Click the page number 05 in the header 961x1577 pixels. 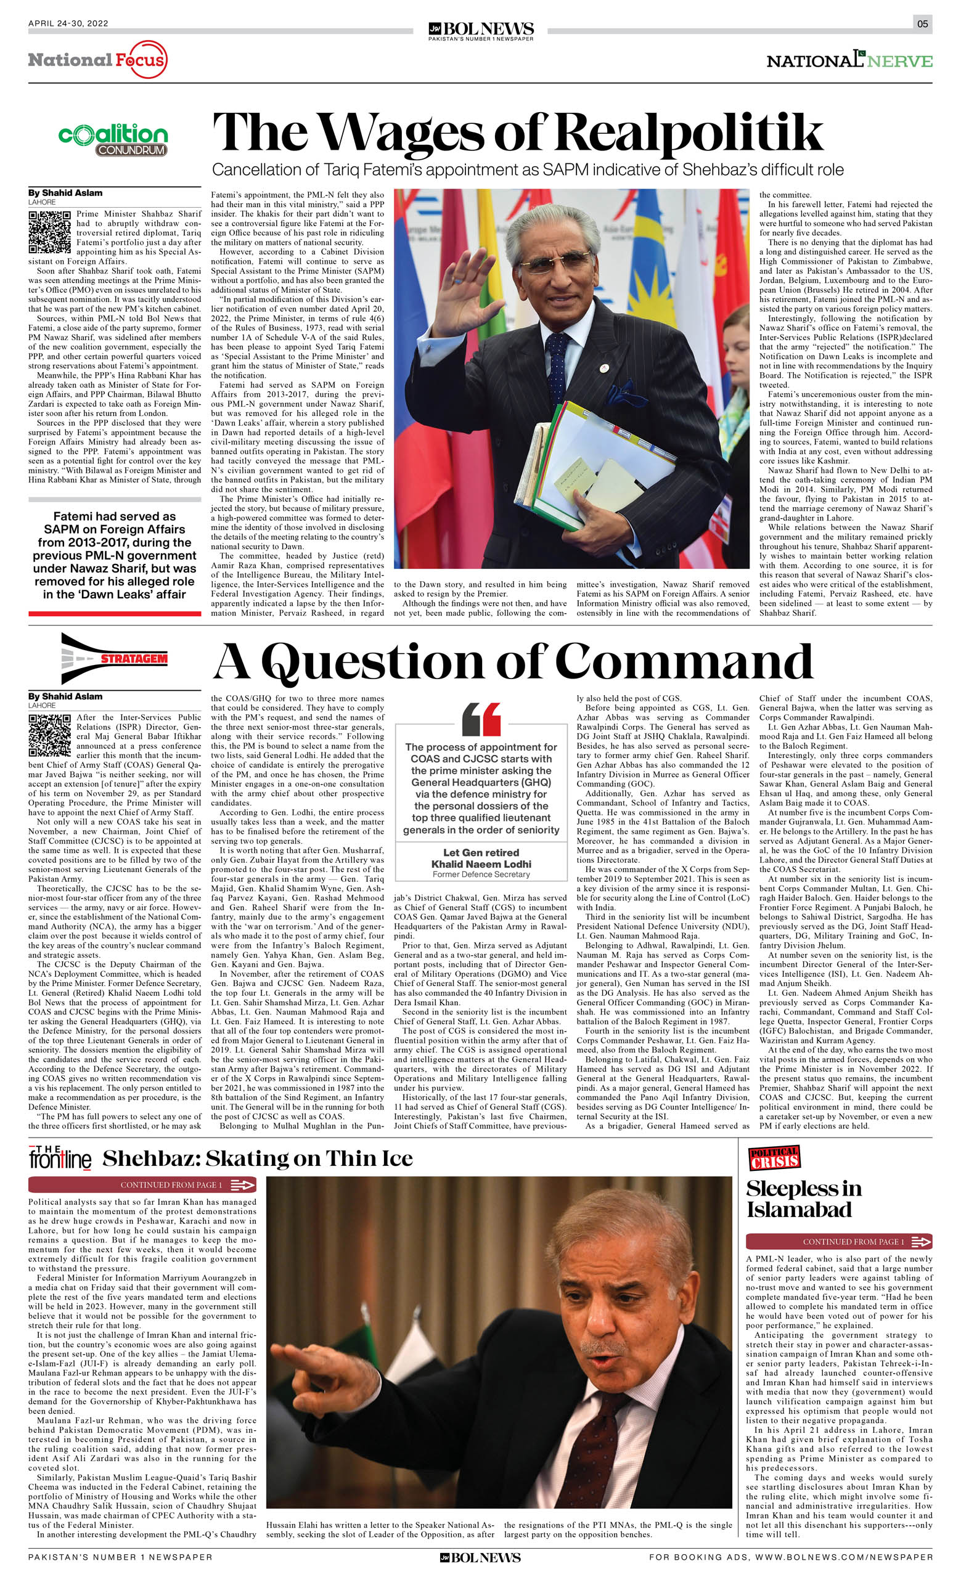(x=922, y=24)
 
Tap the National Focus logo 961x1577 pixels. (x=97, y=60)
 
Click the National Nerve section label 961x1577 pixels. (x=849, y=61)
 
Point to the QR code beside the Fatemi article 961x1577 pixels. (x=49, y=233)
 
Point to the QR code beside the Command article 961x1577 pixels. (x=49, y=736)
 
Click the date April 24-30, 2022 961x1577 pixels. (x=68, y=23)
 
